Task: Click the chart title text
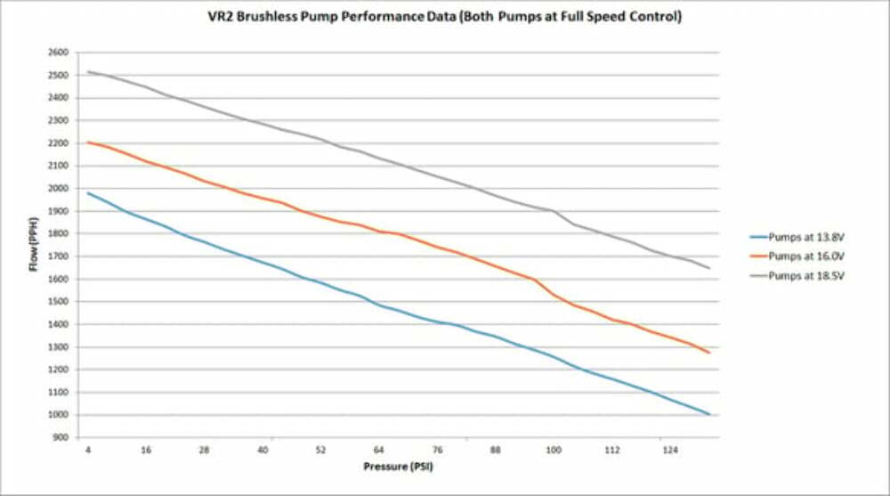445,16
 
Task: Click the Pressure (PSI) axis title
398,466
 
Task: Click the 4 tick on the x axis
88,450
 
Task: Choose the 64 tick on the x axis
379,450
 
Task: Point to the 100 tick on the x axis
554,450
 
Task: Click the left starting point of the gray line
88,72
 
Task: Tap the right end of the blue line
709,414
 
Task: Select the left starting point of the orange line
88,142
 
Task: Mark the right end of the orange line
709,353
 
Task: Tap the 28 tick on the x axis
205,450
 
